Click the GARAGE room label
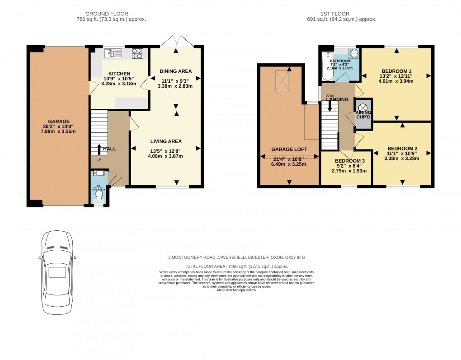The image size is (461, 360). pos(59,122)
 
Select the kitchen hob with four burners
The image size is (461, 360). pos(137,54)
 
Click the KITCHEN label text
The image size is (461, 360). pos(119,74)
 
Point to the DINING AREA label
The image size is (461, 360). pos(176,71)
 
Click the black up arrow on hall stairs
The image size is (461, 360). pos(99,148)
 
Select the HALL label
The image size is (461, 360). pos(109,149)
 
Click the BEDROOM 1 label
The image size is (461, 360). pos(396,71)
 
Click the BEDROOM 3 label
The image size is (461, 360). pos(349,161)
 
